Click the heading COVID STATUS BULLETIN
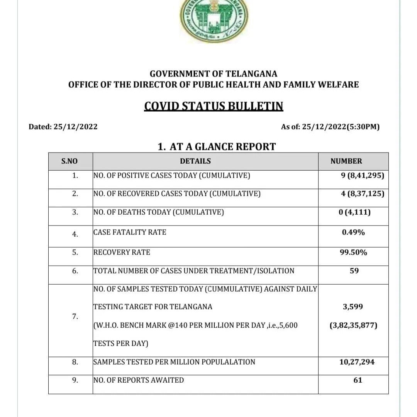coord(214,106)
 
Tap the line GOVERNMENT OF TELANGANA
coord(214,73)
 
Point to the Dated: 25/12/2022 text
coord(63,127)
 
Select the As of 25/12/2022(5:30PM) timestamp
coord(330,127)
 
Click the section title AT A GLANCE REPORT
coord(217,147)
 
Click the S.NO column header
coord(69,161)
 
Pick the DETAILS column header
coord(195,161)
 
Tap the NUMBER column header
coord(346,161)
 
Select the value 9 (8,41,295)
coord(363,176)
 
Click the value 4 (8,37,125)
coord(363,194)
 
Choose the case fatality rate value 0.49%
coord(353,232)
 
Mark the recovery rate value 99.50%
coord(353,253)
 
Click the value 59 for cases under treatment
coord(354,271)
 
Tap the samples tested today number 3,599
coord(353,307)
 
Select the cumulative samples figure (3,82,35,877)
coord(353,325)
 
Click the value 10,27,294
coord(357,362)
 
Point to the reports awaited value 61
coord(358,380)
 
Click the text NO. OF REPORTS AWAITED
coord(139,380)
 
